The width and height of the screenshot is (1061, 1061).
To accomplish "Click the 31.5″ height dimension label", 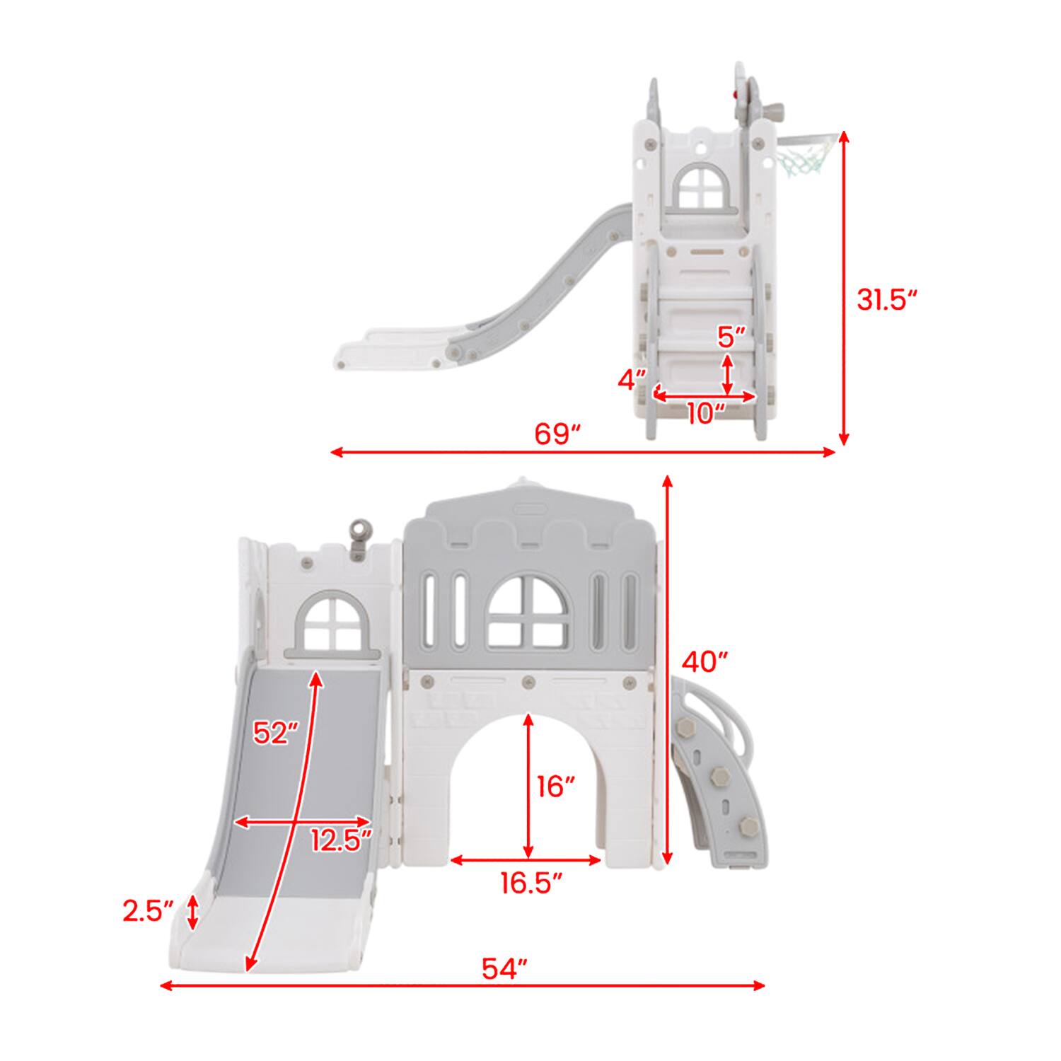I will click(886, 300).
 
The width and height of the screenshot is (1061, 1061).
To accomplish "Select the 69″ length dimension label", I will click(557, 434).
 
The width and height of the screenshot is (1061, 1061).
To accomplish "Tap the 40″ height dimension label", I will click(705, 662).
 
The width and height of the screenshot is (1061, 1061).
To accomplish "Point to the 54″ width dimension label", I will click(505, 968).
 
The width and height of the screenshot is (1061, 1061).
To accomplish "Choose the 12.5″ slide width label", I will click(341, 841).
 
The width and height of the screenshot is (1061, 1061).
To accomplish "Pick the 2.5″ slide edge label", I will click(148, 912).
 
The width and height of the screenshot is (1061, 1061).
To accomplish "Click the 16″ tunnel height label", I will click(555, 786).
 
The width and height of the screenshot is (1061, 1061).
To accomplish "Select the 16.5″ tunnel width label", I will click(531, 883).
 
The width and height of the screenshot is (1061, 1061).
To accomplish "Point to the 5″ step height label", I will click(731, 337).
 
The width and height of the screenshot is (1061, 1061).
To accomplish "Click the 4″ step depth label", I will click(632, 380).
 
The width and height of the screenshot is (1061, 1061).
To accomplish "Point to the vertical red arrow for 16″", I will click(528, 785).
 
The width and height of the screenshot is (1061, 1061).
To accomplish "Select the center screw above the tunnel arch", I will click(527, 682).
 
